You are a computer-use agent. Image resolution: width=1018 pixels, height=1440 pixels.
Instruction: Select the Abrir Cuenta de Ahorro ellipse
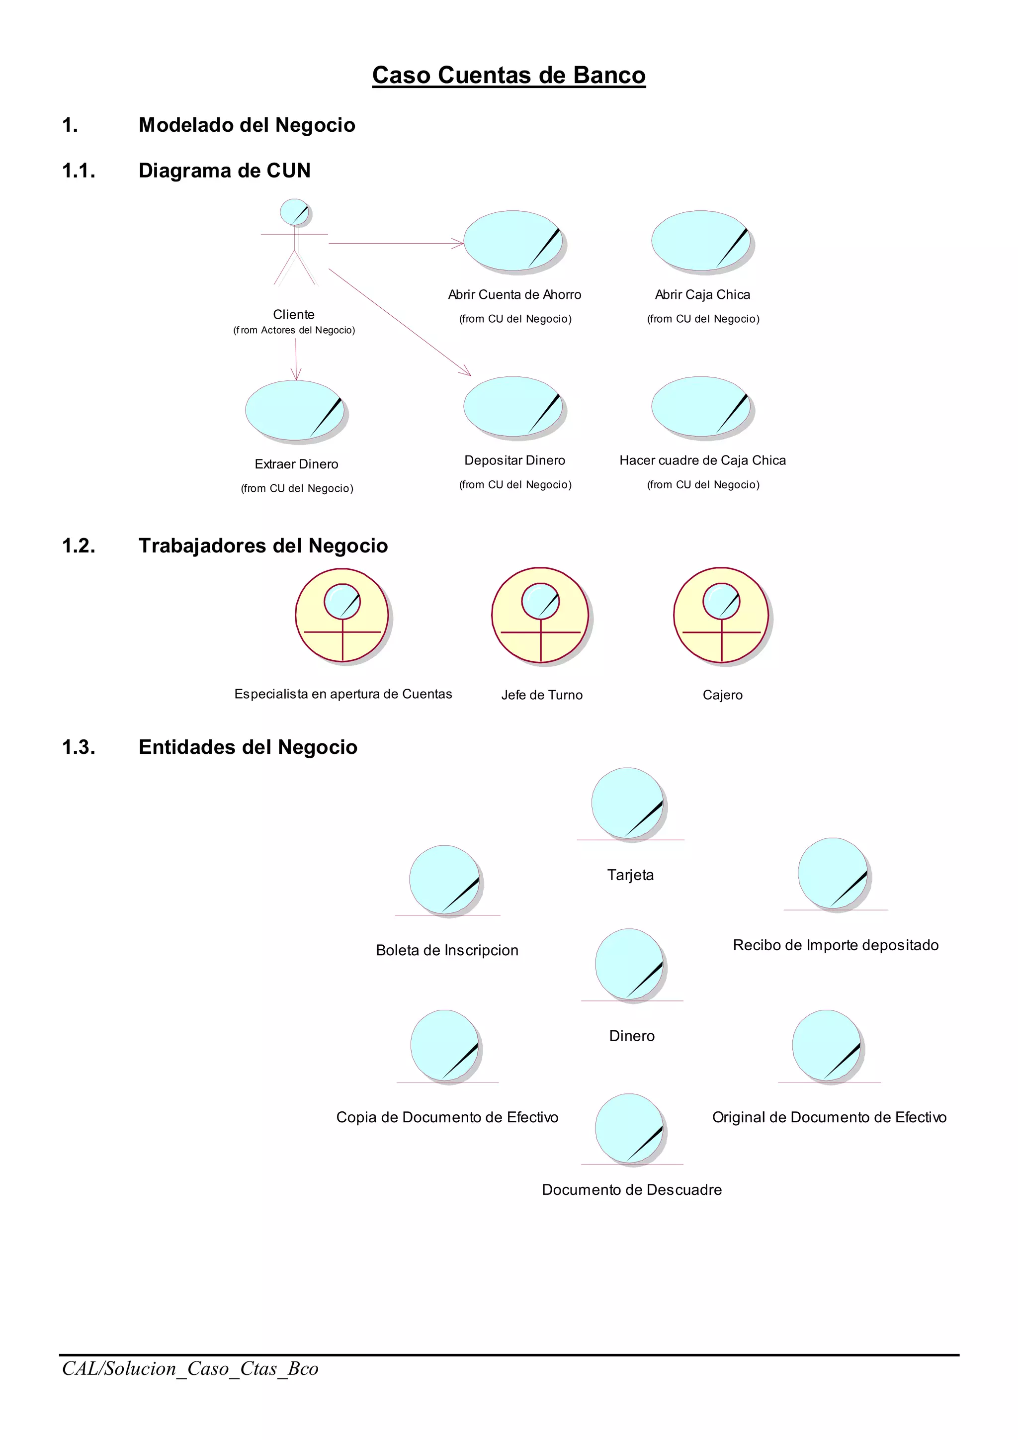tap(513, 242)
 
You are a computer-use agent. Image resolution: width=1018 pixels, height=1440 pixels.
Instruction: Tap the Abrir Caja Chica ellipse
tap(701, 242)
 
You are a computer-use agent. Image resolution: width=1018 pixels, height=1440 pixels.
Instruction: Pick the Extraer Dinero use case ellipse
tap(295, 410)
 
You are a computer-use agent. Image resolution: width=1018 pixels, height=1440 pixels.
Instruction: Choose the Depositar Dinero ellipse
tap(513, 407)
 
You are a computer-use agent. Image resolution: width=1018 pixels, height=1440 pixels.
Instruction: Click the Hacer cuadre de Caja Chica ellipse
tap(701, 407)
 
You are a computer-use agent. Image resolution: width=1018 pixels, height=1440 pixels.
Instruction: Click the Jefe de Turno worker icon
tap(540, 616)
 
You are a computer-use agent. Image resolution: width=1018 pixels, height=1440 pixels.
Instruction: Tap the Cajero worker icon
tap(722, 616)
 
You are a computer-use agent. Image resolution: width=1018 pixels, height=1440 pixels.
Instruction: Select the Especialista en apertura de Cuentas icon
tap(342, 616)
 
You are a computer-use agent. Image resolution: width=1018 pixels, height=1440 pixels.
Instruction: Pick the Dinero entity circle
tap(630, 965)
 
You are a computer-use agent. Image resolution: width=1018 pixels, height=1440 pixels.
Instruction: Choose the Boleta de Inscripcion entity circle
tap(445, 881)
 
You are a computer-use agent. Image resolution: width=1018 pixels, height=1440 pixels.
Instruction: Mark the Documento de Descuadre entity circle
tap(630, 1129)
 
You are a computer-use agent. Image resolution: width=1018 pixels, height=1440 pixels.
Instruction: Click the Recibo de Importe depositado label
tap(836, 945)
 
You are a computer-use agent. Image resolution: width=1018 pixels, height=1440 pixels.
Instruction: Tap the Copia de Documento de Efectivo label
tap(447, 1117)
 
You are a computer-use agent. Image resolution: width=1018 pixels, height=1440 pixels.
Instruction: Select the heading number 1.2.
tap(79, 545)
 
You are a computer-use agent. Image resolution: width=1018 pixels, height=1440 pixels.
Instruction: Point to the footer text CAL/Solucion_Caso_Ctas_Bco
tap(190, 1368)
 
